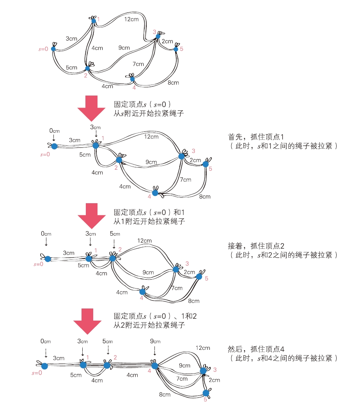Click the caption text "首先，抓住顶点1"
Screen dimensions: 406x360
pyautogui.click(x=258, y=137)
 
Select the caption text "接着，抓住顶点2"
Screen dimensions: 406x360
pyautogui.click(x=258, y=246)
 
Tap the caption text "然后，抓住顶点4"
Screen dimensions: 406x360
pyautogui.click(x=258, y=348)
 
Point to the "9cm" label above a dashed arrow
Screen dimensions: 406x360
pyautogui.click(x=155, y=341)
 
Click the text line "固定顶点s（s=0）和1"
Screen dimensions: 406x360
pyautogui.click(x=149, y=213)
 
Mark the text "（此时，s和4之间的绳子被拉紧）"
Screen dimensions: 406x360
pyautogui.click(x=283, y=358)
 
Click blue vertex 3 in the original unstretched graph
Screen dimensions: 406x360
pyautogui.click(x=158, y=37)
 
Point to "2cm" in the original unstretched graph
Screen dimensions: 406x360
pyautogui.click(x=167, y=41)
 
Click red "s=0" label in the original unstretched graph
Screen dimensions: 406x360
pyautogui.click(x=43, y=49)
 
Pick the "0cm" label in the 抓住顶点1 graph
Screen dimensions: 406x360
pyautogui.click(x=54, y=131)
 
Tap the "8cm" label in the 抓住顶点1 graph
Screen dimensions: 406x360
pyautogui.click(x=205, y=197)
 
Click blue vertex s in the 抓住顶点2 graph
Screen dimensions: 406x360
pyautogui.click(x=48, y=259)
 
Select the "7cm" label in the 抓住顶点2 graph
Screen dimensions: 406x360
pyautogui.click(x=177, y=288)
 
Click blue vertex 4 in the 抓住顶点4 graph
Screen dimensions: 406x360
pyautogui.click(x=154, y=366)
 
